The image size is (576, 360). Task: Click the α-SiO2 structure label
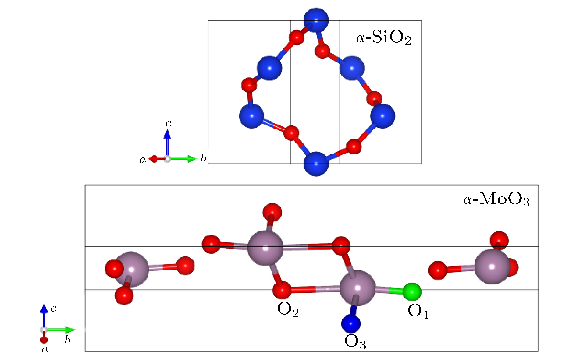(x=384, y=38)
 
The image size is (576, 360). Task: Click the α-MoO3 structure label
(x=496, y=199)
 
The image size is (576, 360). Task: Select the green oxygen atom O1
(x=412, y=292)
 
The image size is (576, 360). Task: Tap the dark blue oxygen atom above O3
(x=351, y=323)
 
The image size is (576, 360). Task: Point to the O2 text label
(x=288, y=310)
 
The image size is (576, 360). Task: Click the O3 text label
(x=355, y=341)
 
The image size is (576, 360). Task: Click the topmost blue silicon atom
(x=316, y=20)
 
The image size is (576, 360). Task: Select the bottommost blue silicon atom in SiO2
(x=316, y=164)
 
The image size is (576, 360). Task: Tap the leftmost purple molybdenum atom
(x=131, y=270)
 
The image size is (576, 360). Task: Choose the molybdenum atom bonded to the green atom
(x=357, y=288)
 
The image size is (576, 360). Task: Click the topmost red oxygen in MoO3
(x=272, y=213)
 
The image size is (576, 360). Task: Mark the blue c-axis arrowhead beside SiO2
(x=167, y=134)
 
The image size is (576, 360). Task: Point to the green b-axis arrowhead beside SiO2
(x=192, y=159)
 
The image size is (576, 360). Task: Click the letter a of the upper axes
(x=143, y=160)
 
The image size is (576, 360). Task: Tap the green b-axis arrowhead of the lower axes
(x=70, y=330)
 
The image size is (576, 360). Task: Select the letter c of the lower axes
(x=53, y=309)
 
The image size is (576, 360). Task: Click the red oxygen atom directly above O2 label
(x=282, y=290)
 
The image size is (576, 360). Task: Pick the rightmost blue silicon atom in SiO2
(x=382, y=116)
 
